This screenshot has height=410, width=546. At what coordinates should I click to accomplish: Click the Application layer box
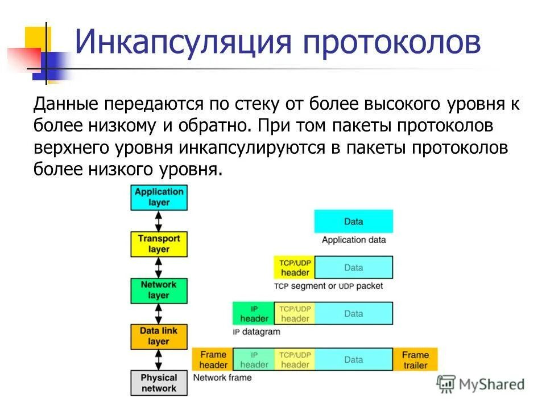tap(159, 197)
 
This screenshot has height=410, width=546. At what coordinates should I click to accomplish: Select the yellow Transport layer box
tap(159, 244)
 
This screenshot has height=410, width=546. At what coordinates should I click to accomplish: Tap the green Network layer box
tap(159, 290)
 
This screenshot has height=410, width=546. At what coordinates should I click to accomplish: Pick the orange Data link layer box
tap(159, 336)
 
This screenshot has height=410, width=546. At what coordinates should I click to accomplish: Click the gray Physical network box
tap(159, 383)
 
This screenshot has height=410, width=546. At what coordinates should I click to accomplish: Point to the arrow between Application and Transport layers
tap(159, 220)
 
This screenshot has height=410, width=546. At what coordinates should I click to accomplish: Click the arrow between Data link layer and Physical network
tap(159, 359)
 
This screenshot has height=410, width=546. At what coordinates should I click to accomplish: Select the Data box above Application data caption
tap(353, 222)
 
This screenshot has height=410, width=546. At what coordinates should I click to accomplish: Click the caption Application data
tap(353, 240)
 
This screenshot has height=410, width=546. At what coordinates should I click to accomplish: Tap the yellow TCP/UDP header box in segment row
tap(295, 267)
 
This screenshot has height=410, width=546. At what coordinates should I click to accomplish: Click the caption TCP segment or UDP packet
tap(328, 286)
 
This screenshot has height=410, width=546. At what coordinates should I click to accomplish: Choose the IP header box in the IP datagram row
tap(254, 313)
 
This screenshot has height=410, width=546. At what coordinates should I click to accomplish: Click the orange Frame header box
tap(213, 359)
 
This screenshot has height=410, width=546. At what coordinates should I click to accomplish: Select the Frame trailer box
tap(415, 359)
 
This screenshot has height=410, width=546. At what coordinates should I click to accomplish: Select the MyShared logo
tap(481, 384)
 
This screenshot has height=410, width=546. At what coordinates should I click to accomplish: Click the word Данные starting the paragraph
tap(67, 104)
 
